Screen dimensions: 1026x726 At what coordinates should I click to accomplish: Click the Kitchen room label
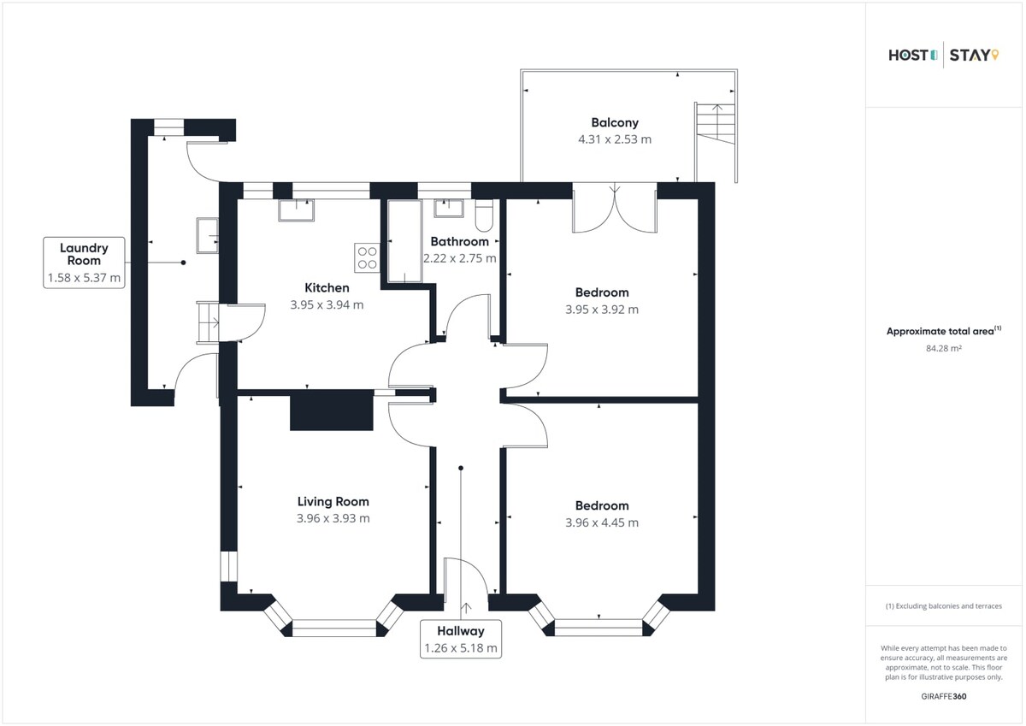[327, 287]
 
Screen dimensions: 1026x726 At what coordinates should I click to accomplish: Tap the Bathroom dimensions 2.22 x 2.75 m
[459, 258]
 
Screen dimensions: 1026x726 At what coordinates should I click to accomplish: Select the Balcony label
[615, 123]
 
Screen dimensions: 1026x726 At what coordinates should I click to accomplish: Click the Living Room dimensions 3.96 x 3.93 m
[333, 518]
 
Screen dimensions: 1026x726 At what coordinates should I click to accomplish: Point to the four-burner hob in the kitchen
[367, 258]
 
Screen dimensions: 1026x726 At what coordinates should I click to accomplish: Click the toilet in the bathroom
[484, 215]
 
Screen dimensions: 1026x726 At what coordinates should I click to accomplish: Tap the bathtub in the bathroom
[405, 241]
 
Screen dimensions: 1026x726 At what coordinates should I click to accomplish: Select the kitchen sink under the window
[297, 210]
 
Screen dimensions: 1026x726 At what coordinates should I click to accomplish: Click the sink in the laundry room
[208, 236]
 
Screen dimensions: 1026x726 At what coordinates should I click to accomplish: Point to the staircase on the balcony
[715, 124]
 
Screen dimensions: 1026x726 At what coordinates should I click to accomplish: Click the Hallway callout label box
[461, 640]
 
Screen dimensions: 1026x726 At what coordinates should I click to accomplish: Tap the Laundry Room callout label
[84, 263]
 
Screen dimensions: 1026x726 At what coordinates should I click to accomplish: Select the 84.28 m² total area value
[944, 348]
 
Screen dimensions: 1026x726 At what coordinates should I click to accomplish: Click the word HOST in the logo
[908, 56]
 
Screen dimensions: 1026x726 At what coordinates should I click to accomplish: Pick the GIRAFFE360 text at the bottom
[944, 697]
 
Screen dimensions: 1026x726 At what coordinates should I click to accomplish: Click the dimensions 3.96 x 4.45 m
[602, 522]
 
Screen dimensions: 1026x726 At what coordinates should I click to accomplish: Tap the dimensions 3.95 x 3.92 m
[602, 310]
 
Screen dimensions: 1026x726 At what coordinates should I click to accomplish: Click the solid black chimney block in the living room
[332, 410]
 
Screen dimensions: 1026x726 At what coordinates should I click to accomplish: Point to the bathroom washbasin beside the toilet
[449, 209]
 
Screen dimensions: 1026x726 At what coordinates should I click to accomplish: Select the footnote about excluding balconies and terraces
[944, 606]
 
